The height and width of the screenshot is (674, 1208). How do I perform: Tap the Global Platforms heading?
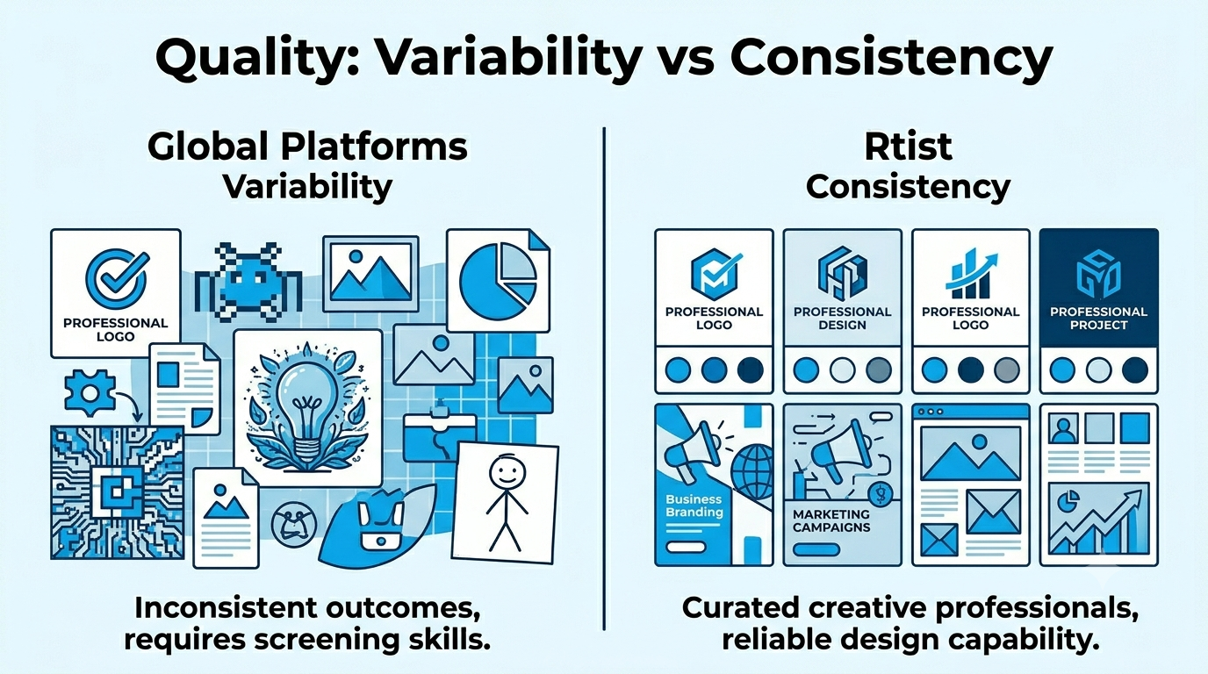(307, 147)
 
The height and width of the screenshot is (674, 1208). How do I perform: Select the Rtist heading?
(908, 147)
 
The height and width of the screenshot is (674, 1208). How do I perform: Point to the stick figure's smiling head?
(507, 473)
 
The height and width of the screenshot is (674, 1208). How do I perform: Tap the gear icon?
(90, 392)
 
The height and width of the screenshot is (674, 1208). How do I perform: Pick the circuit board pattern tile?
(118, 492)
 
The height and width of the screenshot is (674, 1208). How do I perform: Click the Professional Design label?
(843, 318)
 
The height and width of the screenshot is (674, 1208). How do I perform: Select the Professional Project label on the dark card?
(1098, 318)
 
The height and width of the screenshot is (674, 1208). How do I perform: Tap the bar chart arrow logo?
(971, 274)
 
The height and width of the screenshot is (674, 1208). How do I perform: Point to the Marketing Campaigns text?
(831, 520)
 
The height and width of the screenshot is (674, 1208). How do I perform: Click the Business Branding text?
(694, 505)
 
